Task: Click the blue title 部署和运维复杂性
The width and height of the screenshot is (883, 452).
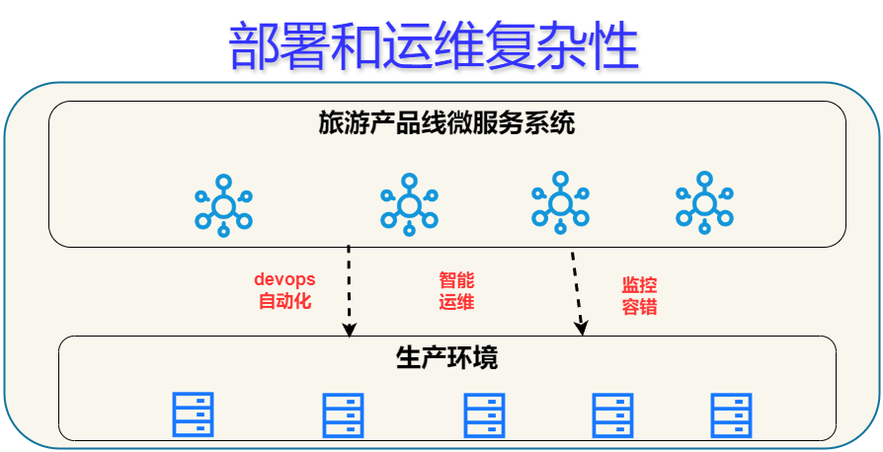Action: pyautogui.click(x=434, y=46)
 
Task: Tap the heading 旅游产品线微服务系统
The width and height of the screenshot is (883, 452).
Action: pyautogui.click(x=446, y=122)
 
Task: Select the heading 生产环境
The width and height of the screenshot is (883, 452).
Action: pyautogui.click(x=446, y=357)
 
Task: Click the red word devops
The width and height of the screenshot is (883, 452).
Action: pyautogui.click(x=284, y=279)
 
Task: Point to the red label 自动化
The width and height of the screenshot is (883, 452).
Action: pyautogui.click(x=284, y=301)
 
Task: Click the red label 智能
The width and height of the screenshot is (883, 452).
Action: pyautogui.click(x=456, y=279)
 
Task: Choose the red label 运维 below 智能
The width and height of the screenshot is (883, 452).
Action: pyautogui.click(x=456, y=301)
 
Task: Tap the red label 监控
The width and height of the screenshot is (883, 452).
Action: pyautogui.click(x=639, y=285)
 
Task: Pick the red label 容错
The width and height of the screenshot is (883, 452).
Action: pyautogui.click(x=639, y=306)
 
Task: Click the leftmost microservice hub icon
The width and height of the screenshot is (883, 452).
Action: pyautogui.click(x=223, y=205)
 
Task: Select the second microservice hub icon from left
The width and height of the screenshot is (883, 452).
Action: pyautogui.click(x=409, y=204)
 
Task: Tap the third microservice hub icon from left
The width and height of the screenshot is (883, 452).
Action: pyautogui.click(x=560, y=202)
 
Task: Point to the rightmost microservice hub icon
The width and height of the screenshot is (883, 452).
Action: pyautogui.click(x=704, y=202)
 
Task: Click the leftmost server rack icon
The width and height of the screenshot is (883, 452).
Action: pyautogui.click(x=193, y=414)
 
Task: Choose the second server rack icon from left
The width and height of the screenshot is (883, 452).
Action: pyautogui.click(x=343, y=415)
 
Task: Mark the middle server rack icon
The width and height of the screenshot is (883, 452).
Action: pyautogui.click(x=484, y=415)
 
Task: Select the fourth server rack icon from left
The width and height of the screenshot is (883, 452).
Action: pyautogui.click(x=612, y=415)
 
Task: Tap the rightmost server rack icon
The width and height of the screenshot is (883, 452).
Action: pyautogui.click(x=731, y=415)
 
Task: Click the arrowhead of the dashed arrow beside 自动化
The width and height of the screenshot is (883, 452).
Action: pyautogui.click(x=350, y=331)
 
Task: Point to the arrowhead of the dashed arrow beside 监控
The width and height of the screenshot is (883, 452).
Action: pyautogui.click(x=582, y=329)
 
